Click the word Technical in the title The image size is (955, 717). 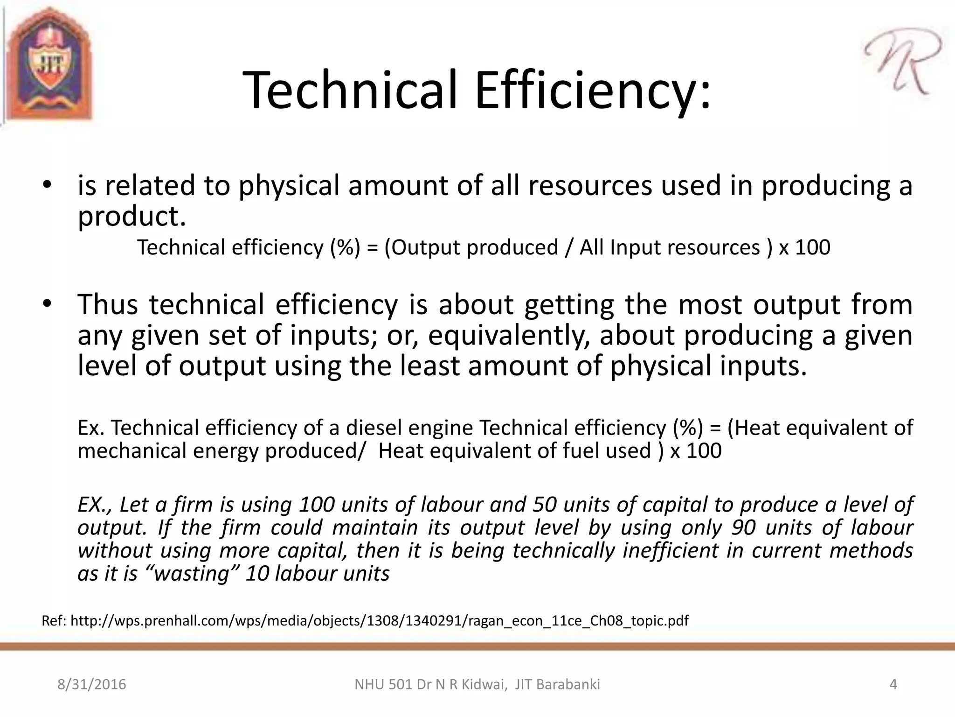(351, 90)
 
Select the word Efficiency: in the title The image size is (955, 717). (593, 90)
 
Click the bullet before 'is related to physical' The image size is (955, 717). (47, 186)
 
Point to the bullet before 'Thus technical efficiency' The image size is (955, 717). (47, 304)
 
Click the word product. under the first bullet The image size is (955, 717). (132, 216)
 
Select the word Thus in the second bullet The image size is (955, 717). (107, 304)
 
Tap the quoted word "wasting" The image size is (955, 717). (192, 573)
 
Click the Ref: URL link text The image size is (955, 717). (379, 621)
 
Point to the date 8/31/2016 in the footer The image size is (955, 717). (92, 684)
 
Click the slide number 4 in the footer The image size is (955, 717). (893, 684)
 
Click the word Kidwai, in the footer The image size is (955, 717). (484, 684)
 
